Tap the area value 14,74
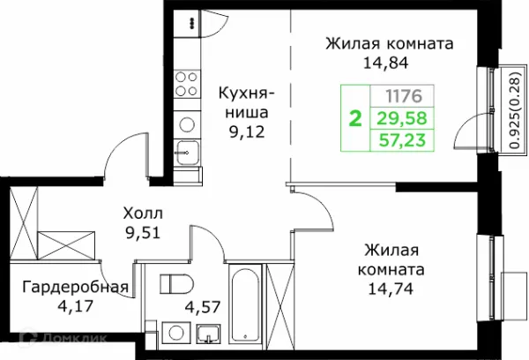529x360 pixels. point(389,286)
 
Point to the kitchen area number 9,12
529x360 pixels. point(247,133)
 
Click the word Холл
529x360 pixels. point(142,214)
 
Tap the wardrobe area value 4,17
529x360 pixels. point(75,307)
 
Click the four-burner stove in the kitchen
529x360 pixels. point(186,84)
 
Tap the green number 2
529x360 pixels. point(355,117)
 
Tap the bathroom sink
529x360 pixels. point(210,336)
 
